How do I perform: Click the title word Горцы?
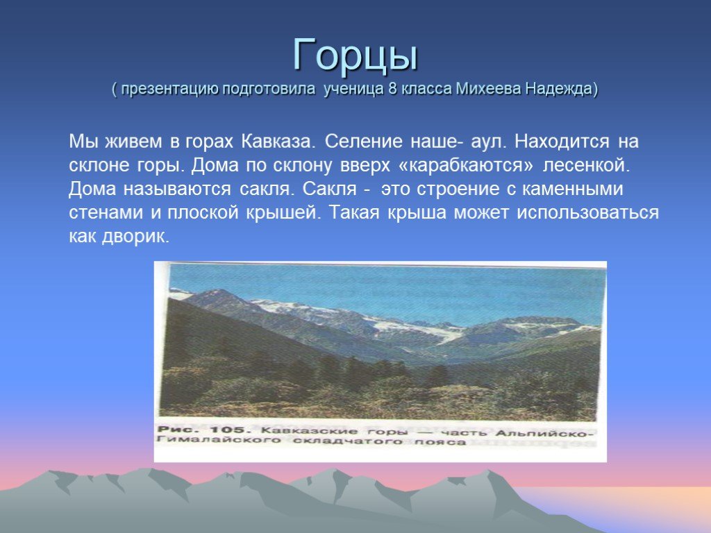tap(355, 56)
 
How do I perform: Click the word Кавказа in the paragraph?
tap(278, 142)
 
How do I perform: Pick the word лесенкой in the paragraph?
tap(587, 165)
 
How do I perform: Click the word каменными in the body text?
tap(573, 189)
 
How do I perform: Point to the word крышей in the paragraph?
tap(283, 213)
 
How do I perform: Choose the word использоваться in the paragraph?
tap(587, 213)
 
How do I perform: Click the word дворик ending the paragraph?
tap(135, 237)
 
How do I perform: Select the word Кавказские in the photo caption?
tap(309, 430)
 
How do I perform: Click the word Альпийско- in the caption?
tap(544, 433)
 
